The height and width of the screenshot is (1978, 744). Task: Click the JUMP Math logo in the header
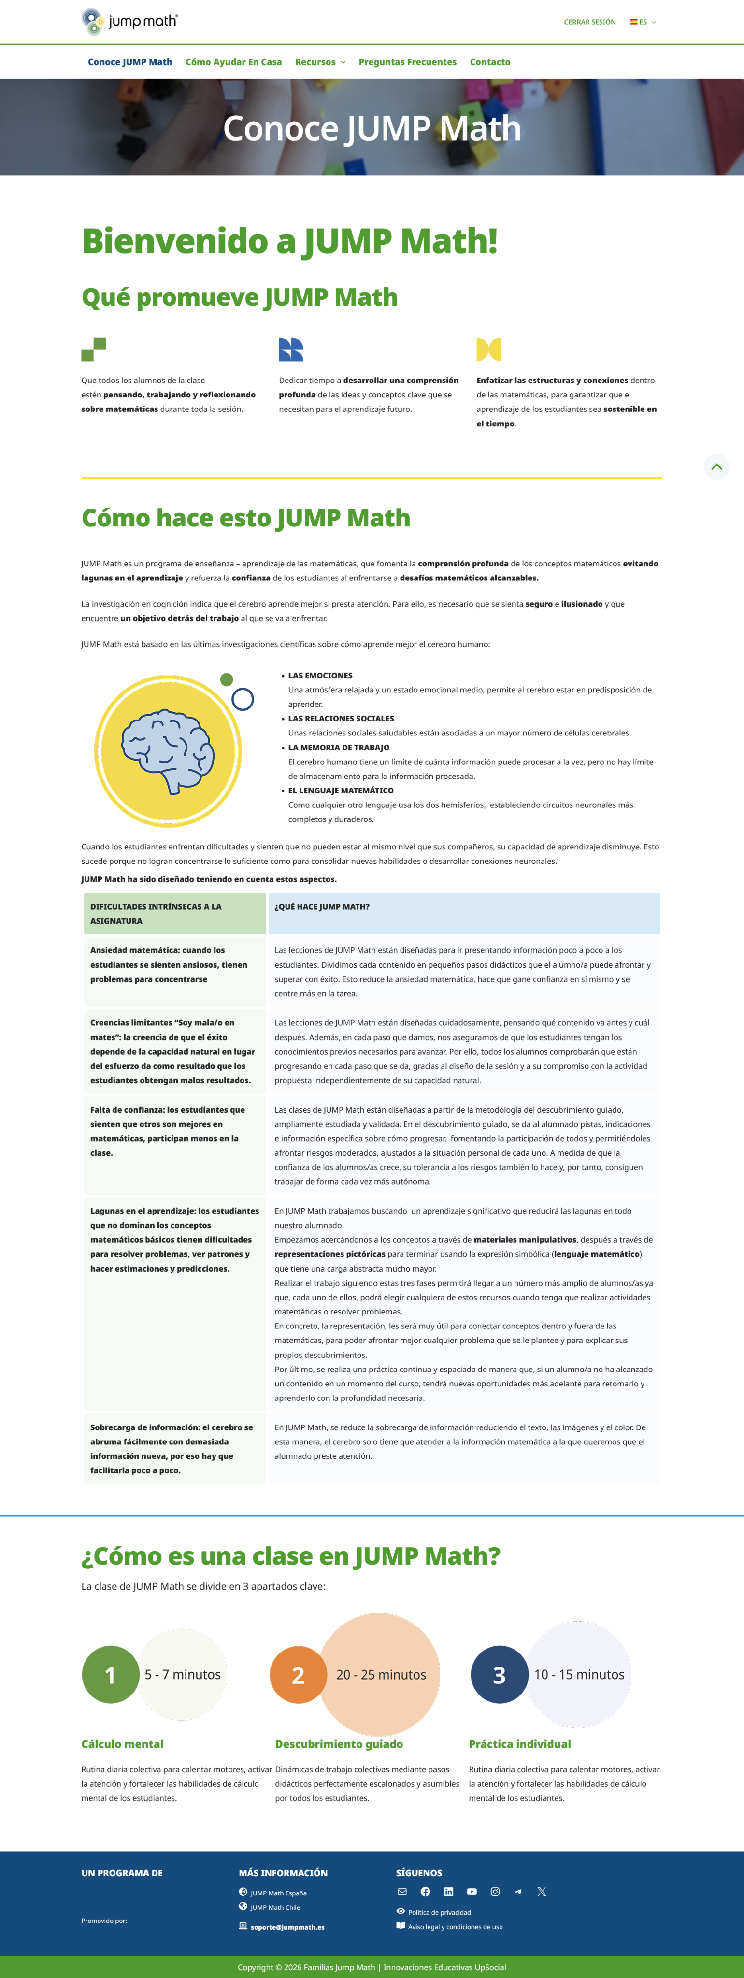click(x=129, y=22)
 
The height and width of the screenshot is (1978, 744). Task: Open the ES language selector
click(x=643, y=22)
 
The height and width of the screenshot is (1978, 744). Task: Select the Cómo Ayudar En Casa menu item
click(x=233, y=62)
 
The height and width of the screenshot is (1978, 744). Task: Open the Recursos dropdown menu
click(x=319, y=62)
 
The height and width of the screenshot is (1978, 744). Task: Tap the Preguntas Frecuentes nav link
click(x=407, y=62)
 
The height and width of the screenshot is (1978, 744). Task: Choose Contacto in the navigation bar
click(x=490, y=62)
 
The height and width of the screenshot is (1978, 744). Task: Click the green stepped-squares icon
click(x=94, y=349)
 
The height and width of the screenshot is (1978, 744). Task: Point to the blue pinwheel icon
click(x=291, y=349)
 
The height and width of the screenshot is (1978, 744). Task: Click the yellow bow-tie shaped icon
click(x=488, y=349)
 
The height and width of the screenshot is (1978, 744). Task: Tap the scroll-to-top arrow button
click(x=716, y=466)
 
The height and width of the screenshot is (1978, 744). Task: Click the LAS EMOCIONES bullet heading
click(x=320, y=676)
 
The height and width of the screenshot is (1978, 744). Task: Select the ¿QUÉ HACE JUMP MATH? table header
click(x=322, y=907)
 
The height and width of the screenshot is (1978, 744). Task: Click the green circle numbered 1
click(x=111, y=1675)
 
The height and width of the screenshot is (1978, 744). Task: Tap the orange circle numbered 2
click(x=298, y=1675)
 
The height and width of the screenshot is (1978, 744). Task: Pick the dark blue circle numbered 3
click(x=499, y=1675)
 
